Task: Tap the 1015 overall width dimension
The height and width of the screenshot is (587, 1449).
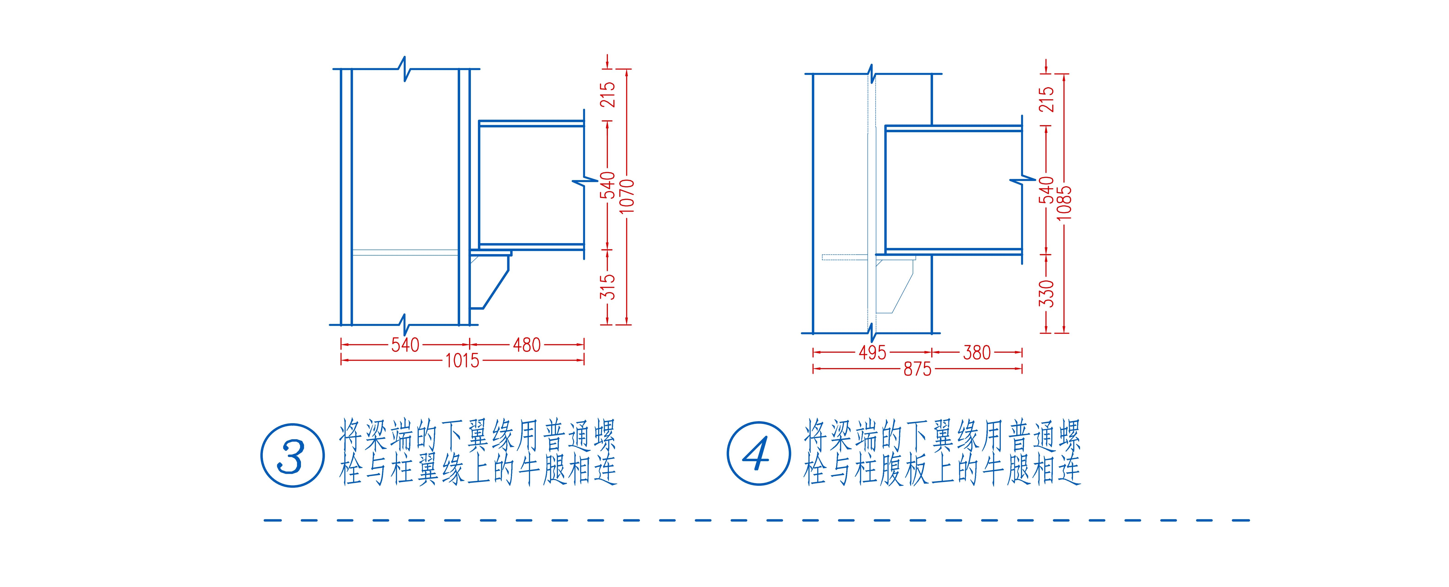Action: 462,360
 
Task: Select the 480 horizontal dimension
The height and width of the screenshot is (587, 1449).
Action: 526,345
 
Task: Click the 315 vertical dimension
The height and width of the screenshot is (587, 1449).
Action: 608,287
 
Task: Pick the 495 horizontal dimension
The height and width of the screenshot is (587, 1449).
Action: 872,353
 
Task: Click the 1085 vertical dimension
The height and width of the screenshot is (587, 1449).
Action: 1064,203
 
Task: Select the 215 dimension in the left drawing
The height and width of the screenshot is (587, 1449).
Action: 608,94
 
